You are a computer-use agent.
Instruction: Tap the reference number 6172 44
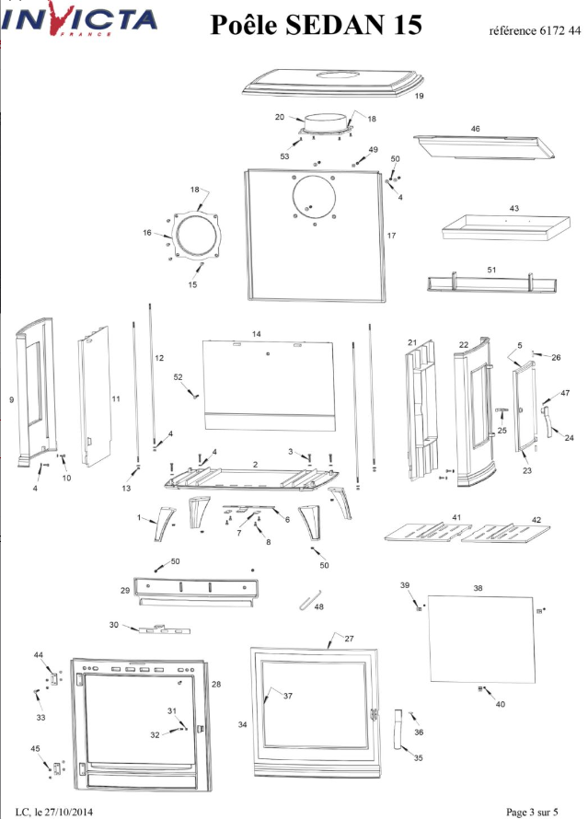(x=560, y=30)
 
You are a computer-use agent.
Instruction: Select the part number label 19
(x=419, y=96)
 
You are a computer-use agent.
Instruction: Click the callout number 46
(x=475, y=129)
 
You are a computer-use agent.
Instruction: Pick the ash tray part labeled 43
(x=506, y=227)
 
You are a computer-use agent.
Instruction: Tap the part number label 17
(x=391, y=236)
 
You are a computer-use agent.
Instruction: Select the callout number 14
(x=257, y=334)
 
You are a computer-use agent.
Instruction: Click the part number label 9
(x=11, y=400)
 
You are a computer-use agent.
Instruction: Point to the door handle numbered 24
(x=547, y=422)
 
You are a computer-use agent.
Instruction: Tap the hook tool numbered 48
(x=310, y=600)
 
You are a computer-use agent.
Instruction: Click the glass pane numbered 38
(x=482, y=639)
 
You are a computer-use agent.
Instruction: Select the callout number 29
(x=125, y=590)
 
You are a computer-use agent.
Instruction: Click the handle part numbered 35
(x=399, y=730)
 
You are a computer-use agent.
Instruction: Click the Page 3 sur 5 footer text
(x=532, y=813)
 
